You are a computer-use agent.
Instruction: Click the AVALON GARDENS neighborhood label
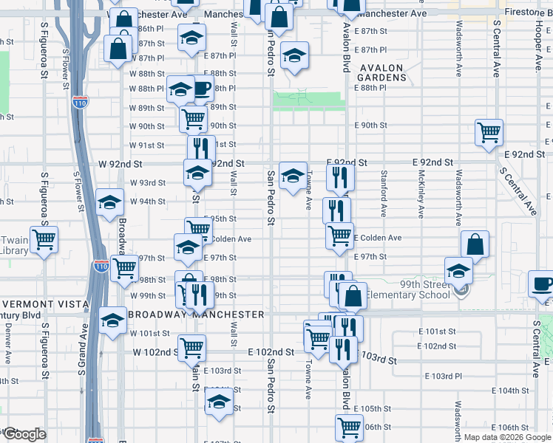click(x=381, y=74)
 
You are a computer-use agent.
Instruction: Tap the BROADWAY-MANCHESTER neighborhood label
click(x=197, y=314)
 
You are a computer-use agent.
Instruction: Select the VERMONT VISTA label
click(x=46, y=304)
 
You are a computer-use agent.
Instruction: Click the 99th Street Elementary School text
click(x=410, y=289)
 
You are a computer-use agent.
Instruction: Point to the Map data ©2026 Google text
click(x=507, y=437)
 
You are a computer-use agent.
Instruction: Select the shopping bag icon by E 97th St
click(x=475, y=245)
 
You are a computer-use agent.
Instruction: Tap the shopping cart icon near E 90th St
click(x=489, y=133)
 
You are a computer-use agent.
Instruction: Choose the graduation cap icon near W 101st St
click(x=112, y=320)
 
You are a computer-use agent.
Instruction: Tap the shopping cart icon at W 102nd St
click(x=192, y=346)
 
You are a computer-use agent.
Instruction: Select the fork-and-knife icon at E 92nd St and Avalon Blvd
click(x=340, y=176)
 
